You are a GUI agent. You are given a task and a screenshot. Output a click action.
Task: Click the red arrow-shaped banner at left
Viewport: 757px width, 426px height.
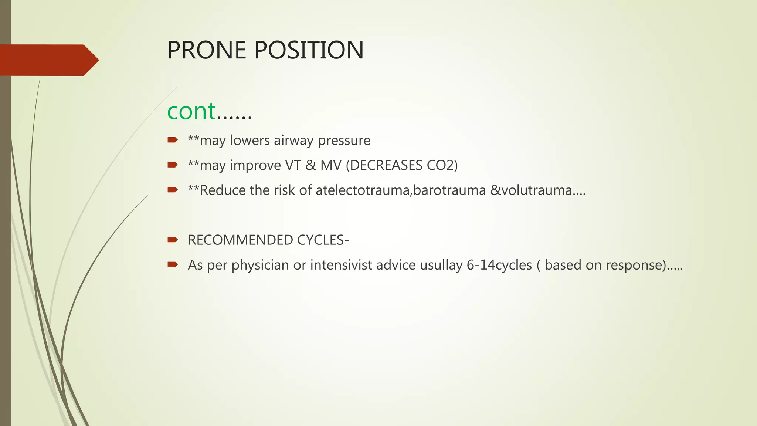[x=48, y=60]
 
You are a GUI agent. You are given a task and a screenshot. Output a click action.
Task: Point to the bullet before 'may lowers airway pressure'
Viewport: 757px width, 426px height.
[x=173, y=140]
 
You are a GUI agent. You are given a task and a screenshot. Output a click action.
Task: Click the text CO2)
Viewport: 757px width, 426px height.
[x=442, y=165]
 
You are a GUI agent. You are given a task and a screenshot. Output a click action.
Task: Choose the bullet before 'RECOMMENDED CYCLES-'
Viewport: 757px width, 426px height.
[x=173, y=240]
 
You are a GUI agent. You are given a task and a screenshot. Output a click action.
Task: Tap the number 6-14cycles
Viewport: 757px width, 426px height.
[x=499, y=265]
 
